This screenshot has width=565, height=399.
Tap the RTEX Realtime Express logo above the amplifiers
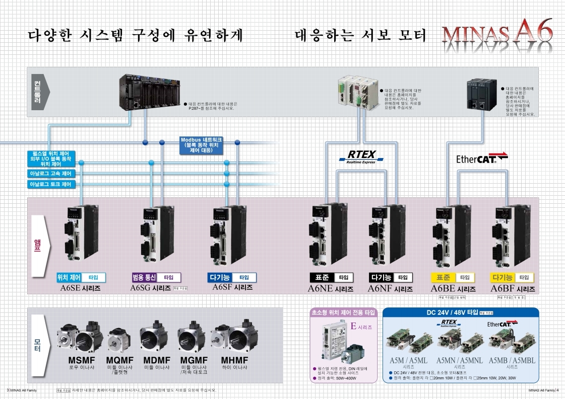361,156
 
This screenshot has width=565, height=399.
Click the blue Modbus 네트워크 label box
201,144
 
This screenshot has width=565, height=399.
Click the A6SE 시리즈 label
80,289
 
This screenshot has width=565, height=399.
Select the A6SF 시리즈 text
232,287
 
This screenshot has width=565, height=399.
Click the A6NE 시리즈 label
330,289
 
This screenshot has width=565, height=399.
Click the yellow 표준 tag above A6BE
443,278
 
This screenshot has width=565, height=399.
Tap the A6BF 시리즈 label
513,289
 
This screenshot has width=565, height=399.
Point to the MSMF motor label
81,361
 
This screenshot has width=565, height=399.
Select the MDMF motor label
156,361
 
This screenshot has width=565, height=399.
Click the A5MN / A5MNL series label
459,360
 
